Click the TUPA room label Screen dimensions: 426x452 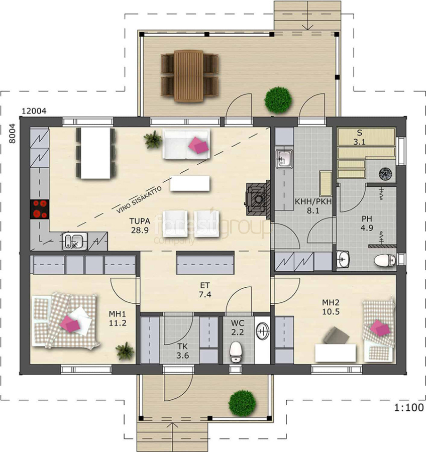tap(140, 221)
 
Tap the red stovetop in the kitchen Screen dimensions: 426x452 tap(40, 209)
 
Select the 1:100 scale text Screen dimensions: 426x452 tap(409, 408)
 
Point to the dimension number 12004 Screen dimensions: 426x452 tap(34, 110)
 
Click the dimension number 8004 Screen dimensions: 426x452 tap(12, 134)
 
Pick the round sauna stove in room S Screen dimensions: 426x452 tap(385, 174)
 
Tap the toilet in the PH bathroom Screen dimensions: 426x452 tap(385, 260)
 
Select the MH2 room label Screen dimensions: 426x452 tap(331, 302)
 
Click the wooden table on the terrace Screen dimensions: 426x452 tap(188, 76)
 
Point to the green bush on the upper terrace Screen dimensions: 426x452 tap(278, 100)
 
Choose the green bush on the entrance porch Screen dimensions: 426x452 tap(242, 403)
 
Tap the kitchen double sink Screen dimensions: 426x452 tap(75, 241)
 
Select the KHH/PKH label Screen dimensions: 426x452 tap(313, 201)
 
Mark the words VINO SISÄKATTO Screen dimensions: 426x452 tap(139, 200)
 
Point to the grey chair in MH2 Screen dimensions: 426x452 tap(336, 335)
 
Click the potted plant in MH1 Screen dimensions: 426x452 tap(125, 351)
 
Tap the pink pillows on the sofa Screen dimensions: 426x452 tap(198, 145)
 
